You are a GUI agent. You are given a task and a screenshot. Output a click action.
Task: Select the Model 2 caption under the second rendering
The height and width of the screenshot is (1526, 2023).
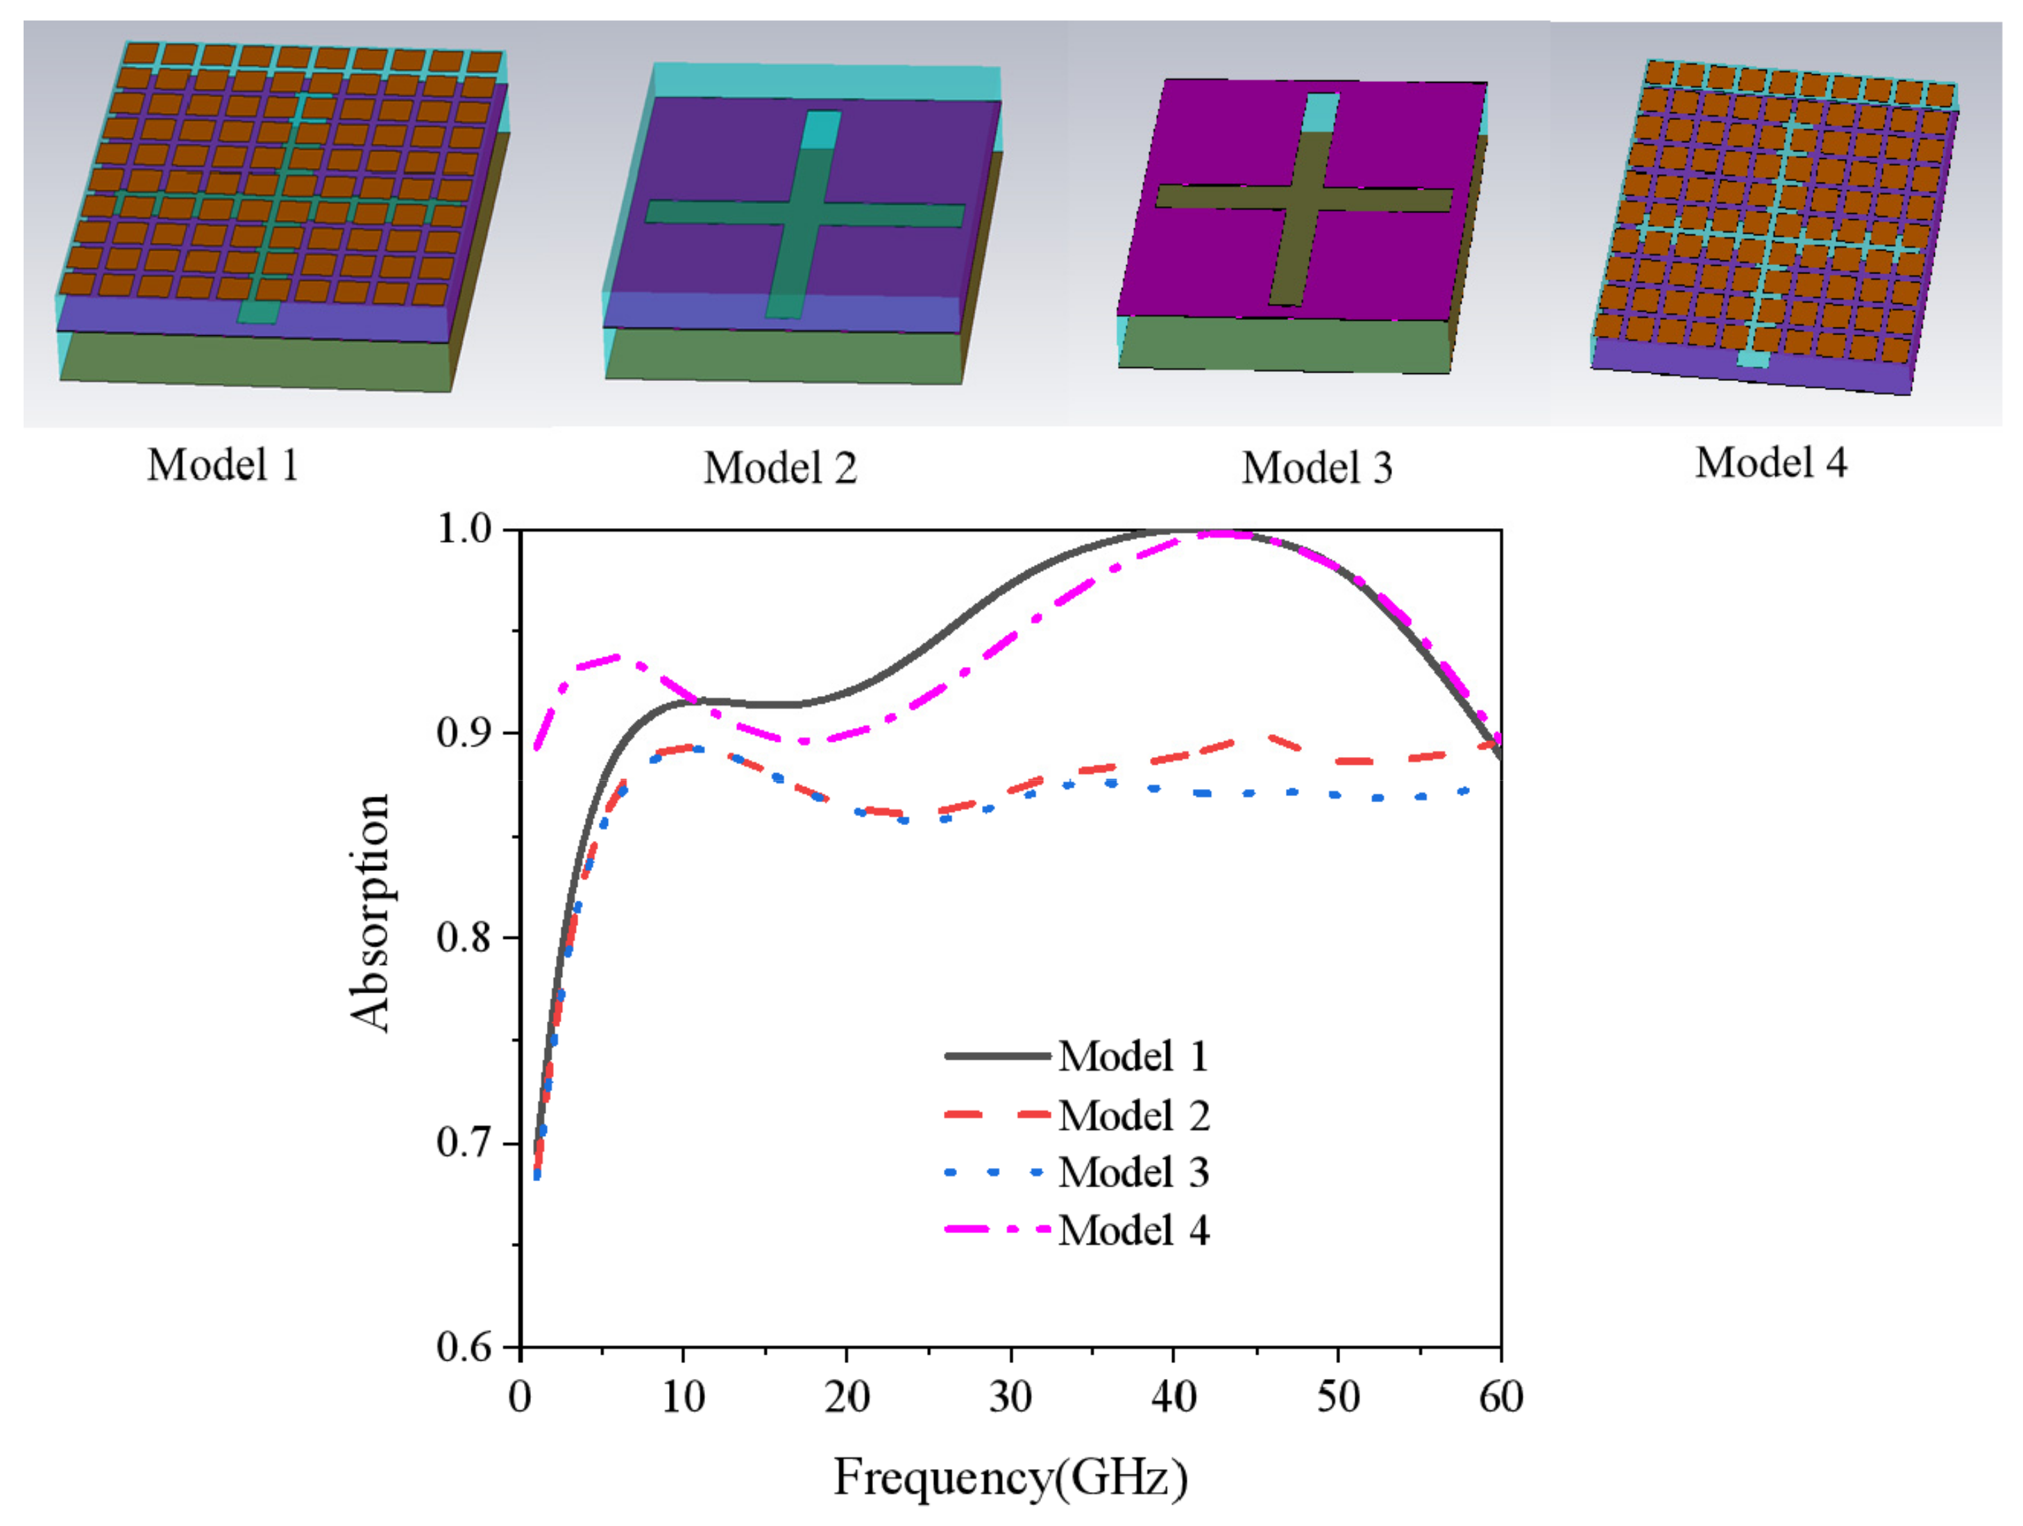point(780,469)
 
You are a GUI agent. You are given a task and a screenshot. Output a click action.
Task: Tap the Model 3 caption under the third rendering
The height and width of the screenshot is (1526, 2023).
point(1317,469)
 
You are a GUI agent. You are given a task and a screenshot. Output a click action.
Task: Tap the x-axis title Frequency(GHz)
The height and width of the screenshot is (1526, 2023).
point(1010,1477)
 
